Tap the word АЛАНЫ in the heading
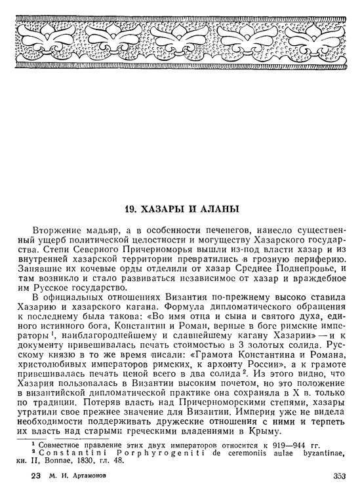click(x=221, y=210)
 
